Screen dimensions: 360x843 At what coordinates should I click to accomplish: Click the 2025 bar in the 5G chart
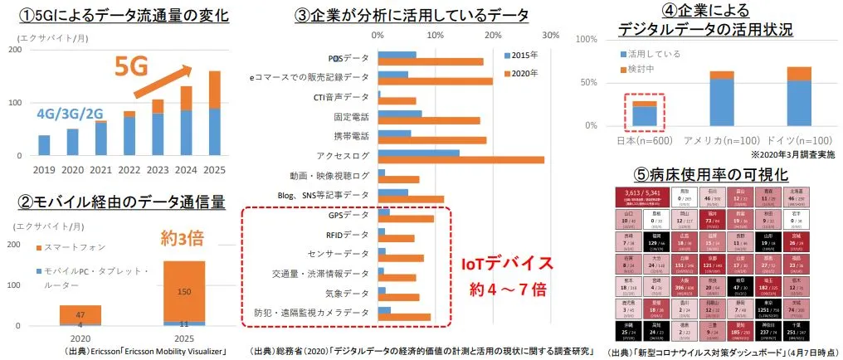(x=214, y=114)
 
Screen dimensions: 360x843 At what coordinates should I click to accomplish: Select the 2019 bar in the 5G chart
(x=44, y=145)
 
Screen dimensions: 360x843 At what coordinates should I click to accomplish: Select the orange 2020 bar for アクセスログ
(x=460, y=159)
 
